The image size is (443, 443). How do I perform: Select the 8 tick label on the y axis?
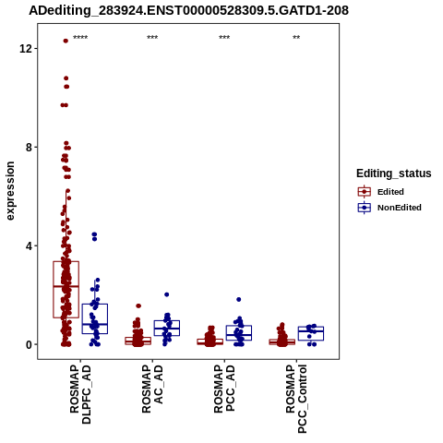point(29,148)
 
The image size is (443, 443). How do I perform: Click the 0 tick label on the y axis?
point(29,345)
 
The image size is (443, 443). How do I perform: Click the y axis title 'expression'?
point(10,191)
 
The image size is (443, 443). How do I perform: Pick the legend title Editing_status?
point(394,174)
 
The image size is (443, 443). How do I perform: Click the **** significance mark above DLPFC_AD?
point(80,38)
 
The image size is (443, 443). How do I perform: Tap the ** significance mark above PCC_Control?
point(296,38)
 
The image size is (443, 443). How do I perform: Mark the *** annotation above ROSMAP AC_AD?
point(152,38)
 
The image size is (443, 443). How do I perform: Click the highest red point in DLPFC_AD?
point(66,41)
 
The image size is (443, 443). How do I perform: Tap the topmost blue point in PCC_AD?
point(239,299)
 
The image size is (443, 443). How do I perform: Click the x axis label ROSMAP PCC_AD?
point(224,389)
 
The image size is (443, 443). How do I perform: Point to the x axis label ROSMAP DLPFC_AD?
point(80,395)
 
